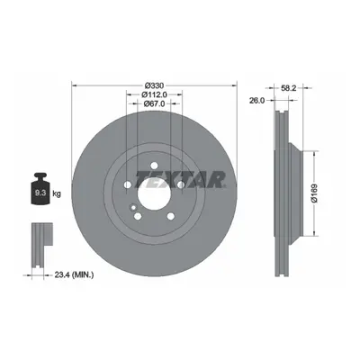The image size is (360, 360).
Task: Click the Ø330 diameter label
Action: [x=154, y=85]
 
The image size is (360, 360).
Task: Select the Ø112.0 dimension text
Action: [x=154, y=94]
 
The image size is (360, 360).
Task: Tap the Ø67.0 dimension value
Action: [x=154, y=103]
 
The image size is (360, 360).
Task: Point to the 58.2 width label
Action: [x=289, y=88]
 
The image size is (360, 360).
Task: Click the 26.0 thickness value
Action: [x=257, y=101]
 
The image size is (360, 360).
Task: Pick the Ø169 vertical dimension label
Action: [x=314, y=193]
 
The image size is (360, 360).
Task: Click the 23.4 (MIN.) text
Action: [x=74, y=274]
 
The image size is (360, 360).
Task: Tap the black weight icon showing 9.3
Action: [x=40, y=189]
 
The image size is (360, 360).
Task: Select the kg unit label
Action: [x=57, y=193]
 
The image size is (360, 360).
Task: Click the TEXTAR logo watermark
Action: [x=181, y=179]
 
